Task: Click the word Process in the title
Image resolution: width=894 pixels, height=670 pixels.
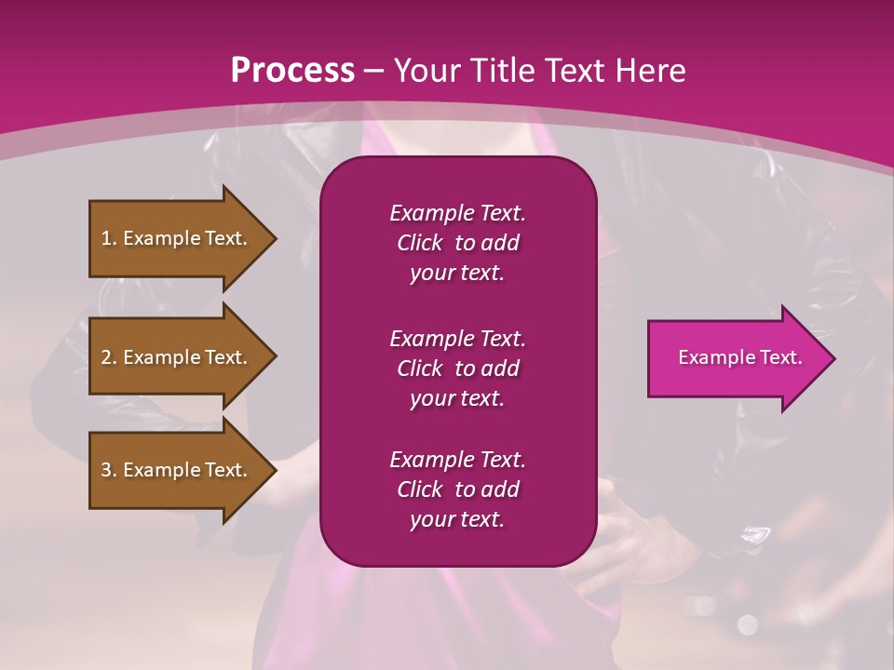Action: [x=292, y=70]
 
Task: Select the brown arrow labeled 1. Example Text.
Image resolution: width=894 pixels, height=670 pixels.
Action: [x=177, y=238]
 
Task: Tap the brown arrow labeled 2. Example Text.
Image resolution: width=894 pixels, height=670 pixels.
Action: [x=177, y=357]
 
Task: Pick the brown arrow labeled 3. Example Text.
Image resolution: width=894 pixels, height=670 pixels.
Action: [x=177, y=470]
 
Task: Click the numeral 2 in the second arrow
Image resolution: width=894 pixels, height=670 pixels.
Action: [x=106, y=357]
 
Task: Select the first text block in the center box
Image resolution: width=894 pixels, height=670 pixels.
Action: [x=457, y=243]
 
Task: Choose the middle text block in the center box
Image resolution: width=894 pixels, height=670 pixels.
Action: [x=457, y=368]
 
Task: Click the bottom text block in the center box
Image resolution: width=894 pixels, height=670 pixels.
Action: [x=457, y=489]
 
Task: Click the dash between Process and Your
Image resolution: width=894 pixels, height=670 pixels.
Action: [x=373, y=72]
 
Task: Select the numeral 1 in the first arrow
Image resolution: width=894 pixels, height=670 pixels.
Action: [x=105, y=238]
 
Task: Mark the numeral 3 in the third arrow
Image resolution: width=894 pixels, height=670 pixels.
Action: [x=106, y=470]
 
